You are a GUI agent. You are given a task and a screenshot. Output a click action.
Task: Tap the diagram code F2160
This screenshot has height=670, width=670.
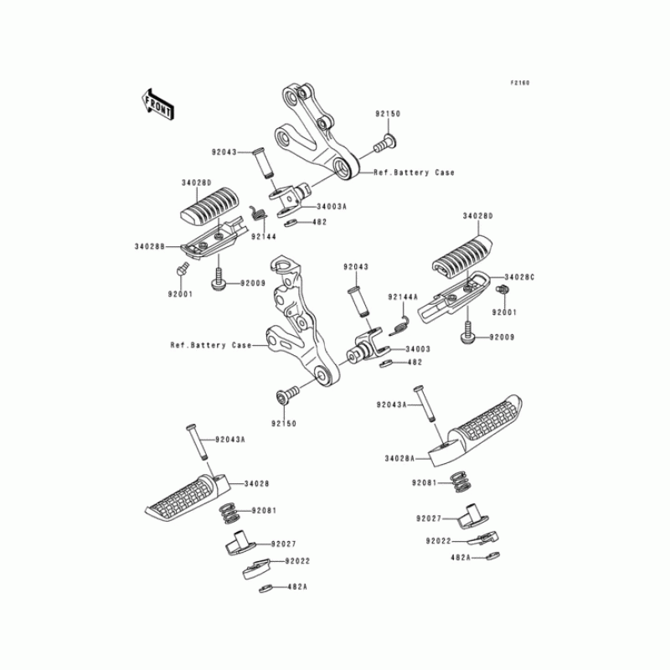click(x=520, y=83)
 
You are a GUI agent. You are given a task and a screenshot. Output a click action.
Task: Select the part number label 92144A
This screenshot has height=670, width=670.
click(x=402, y=297)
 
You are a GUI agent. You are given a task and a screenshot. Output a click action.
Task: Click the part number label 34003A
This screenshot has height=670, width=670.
click(x=309, y=205)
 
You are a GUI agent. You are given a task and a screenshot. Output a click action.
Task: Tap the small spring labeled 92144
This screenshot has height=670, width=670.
click(x=260, y=214)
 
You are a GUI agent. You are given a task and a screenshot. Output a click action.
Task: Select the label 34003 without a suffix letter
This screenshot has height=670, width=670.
click(x=418, y=348)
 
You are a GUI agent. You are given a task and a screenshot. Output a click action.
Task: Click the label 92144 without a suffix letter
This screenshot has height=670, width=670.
click(x=262, y=237)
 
